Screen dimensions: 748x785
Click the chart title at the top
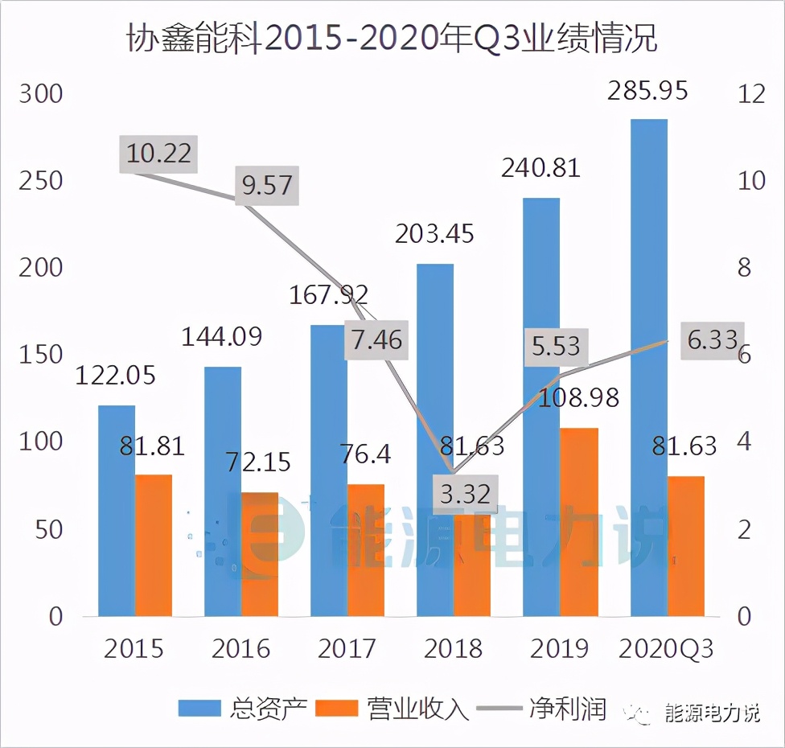pyautogui.click(x=392, y=38)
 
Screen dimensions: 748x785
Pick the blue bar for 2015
pyautogui.click(x=117, y=510)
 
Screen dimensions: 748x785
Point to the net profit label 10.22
pyautogui.click(x=159, y=153)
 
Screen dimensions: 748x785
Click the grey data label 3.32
pyautogui.click(x=466, y=493)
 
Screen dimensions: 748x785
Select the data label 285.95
pyautogui.click(x=647, y=91)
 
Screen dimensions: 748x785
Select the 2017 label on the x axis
pyautogui.click(x=347, y=648)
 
